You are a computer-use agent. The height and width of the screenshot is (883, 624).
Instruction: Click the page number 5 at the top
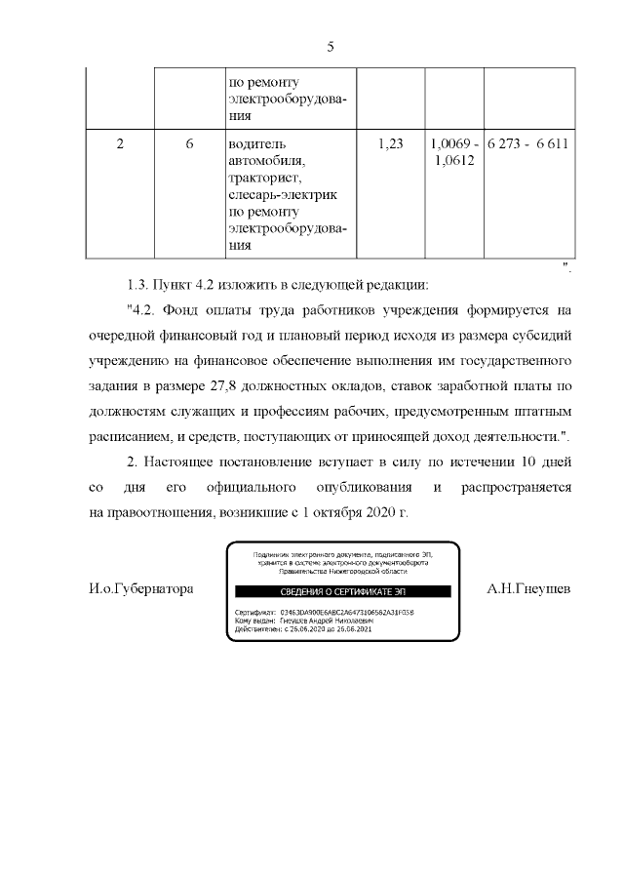coord(330,47)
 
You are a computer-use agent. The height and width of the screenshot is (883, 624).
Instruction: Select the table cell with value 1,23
coord(389,143)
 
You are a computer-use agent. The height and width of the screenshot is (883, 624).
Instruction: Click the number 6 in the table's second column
coord(189,143)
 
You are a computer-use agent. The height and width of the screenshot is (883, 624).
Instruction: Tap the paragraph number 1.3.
coord(139,285)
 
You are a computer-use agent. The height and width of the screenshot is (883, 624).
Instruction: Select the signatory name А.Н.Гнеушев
coord(527,589)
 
